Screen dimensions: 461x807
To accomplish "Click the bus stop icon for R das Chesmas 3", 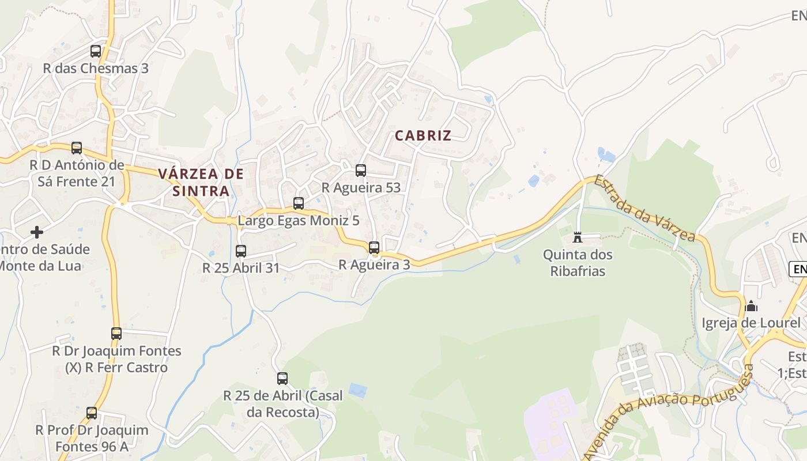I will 96,51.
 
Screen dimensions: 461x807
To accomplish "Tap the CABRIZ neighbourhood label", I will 423,136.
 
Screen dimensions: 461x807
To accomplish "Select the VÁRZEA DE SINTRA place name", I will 201,182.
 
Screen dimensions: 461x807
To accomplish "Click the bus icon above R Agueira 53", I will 361,171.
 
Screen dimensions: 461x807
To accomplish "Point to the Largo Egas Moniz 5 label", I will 299,220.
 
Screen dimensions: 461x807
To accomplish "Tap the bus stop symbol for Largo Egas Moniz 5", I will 299,203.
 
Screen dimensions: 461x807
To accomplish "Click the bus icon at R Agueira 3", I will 374,248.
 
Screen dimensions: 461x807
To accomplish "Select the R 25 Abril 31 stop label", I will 241,268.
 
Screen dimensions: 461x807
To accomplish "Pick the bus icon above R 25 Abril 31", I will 241,251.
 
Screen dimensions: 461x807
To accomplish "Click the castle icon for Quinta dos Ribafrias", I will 578,237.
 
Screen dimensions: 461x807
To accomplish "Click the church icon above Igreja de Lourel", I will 751,306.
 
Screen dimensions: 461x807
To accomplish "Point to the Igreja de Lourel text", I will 751,323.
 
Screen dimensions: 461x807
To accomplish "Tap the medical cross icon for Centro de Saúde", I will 37,232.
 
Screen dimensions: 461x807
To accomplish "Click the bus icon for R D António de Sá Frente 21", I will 77,148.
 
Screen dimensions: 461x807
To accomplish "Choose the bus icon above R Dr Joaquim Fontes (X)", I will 116,334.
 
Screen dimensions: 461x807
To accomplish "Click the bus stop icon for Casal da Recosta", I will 282,379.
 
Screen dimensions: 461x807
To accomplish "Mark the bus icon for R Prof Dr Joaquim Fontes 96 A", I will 92,413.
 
